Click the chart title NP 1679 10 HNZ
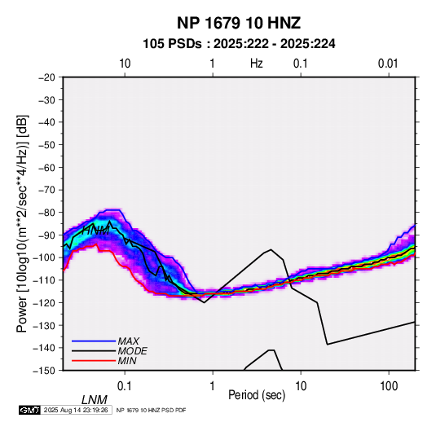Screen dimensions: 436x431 pos(239,23)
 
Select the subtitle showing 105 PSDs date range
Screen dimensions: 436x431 pos(239,44)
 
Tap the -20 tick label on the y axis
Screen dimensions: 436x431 pos(46,77)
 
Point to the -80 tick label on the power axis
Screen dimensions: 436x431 pos(46,213)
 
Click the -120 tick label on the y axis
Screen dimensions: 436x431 pos(45,302)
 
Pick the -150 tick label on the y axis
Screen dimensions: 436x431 pos(45,371)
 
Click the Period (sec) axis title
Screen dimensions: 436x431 pos(257,395)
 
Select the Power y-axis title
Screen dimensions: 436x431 pos(22,224)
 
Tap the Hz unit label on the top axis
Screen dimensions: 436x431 pos(257,64)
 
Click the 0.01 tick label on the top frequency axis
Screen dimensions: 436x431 pos(388,64)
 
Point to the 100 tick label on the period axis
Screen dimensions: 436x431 pos(389,385)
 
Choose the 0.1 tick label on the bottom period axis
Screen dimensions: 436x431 pos(125,385)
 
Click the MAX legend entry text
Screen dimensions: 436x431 pos(129,341)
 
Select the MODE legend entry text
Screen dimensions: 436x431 pos(132,351)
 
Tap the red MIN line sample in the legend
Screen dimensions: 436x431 pos(94,361)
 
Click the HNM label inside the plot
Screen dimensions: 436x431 pos(96,231)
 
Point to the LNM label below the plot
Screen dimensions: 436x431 pos(94,400)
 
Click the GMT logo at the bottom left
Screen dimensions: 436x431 pos(30,410)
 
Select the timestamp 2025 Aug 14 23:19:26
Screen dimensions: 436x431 pos(76,410)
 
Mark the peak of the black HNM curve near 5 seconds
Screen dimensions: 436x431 pos(271,249)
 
